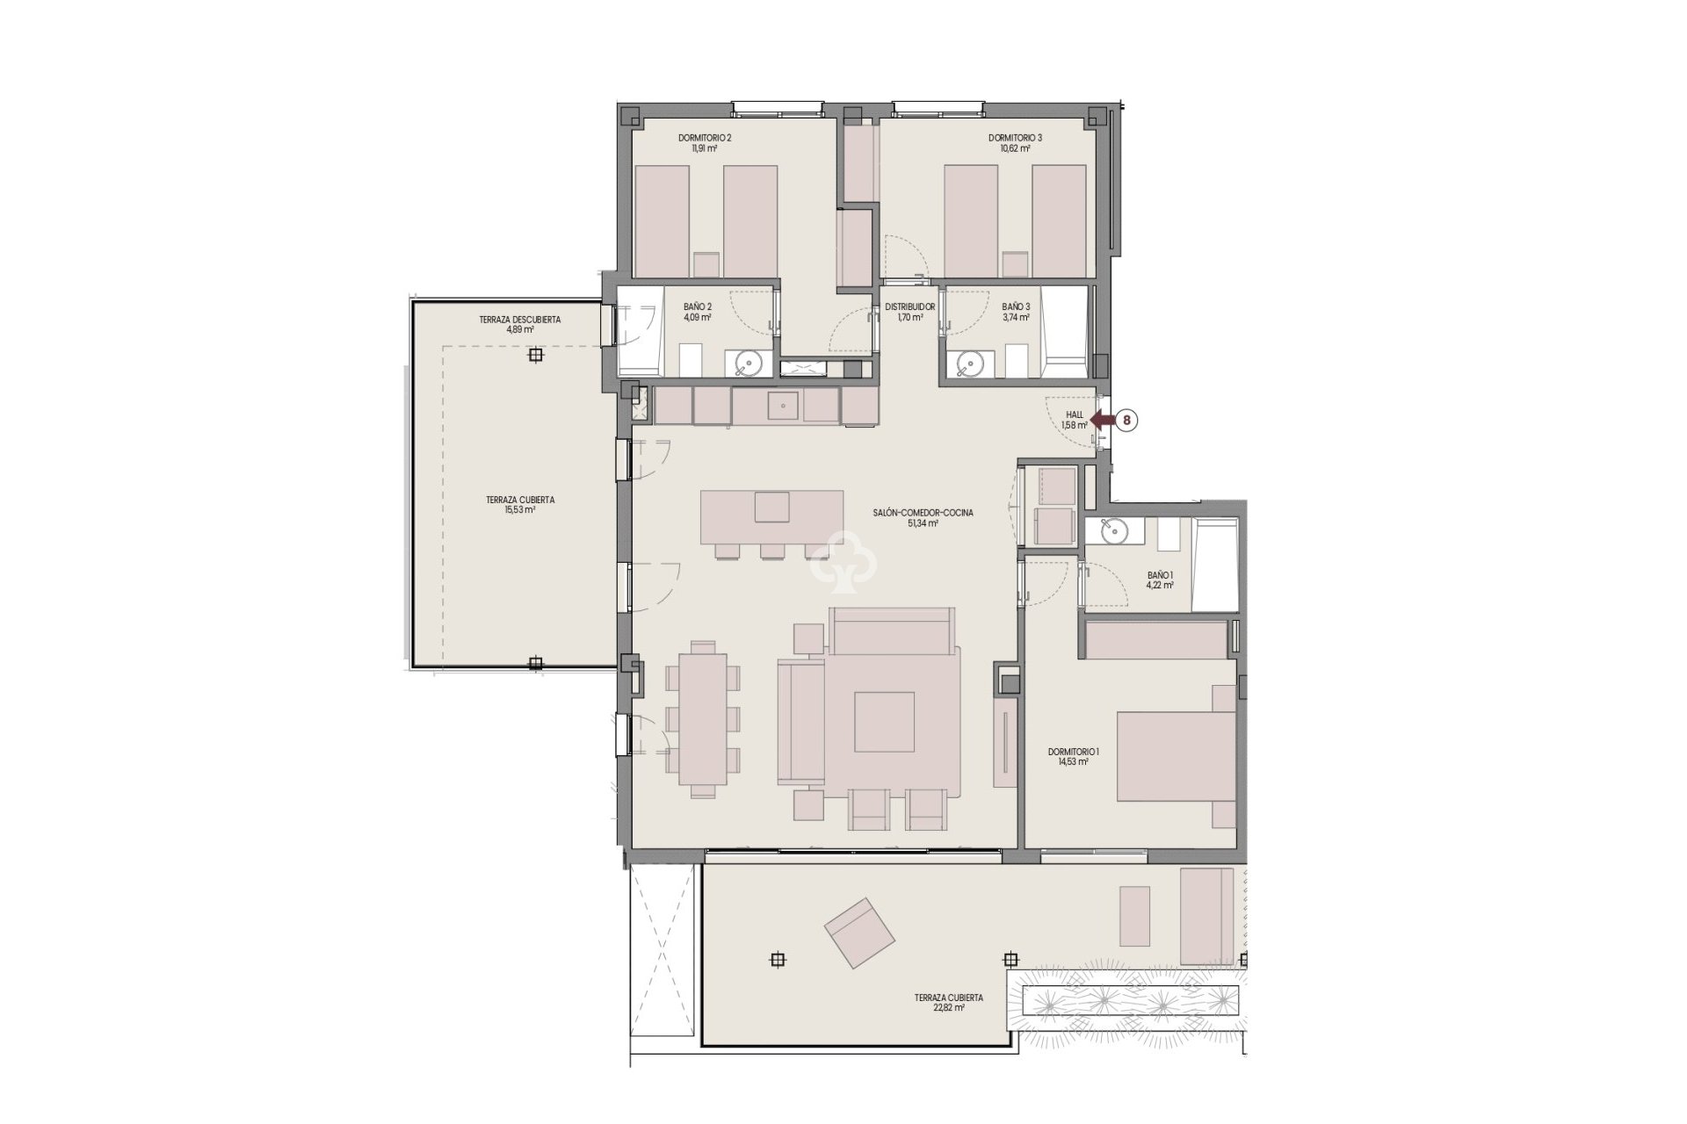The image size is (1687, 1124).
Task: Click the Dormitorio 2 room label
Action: [705, 143]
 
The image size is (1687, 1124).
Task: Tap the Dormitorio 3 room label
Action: [1015, 143]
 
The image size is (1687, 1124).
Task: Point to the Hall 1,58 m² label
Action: [1074, 420]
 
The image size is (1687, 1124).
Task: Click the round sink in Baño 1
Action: [1111, 530]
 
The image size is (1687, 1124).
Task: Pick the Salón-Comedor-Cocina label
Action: [910, 518]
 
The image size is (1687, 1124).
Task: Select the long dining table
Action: [702, 718]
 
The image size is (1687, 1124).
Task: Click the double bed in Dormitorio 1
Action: [1176, 756]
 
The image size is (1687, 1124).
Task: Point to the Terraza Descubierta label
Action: [520, 325]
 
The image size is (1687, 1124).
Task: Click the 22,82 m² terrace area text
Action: [948, 1008]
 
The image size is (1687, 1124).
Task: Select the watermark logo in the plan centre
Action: [843, 560]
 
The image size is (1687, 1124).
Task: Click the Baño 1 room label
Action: [1160, 580]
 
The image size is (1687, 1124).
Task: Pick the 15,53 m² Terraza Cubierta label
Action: [520, 504]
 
